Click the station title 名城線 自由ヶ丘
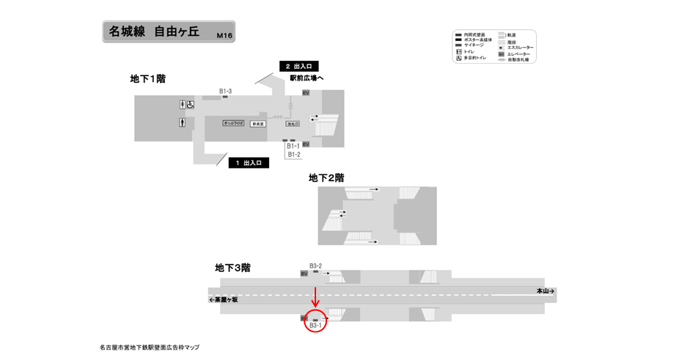154,32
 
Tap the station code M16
224,35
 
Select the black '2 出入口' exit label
298,67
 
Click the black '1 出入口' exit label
248,163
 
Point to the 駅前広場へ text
307,78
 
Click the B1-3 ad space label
225,91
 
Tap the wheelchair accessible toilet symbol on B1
188,105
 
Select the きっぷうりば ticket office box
233,124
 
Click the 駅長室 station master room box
258,124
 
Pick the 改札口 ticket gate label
293,124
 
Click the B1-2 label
293,155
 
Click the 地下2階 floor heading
326,177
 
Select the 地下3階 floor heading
232,268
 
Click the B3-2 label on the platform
315,265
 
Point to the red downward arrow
315,296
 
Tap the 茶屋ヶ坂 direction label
224,299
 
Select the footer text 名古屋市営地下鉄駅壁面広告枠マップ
149,348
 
